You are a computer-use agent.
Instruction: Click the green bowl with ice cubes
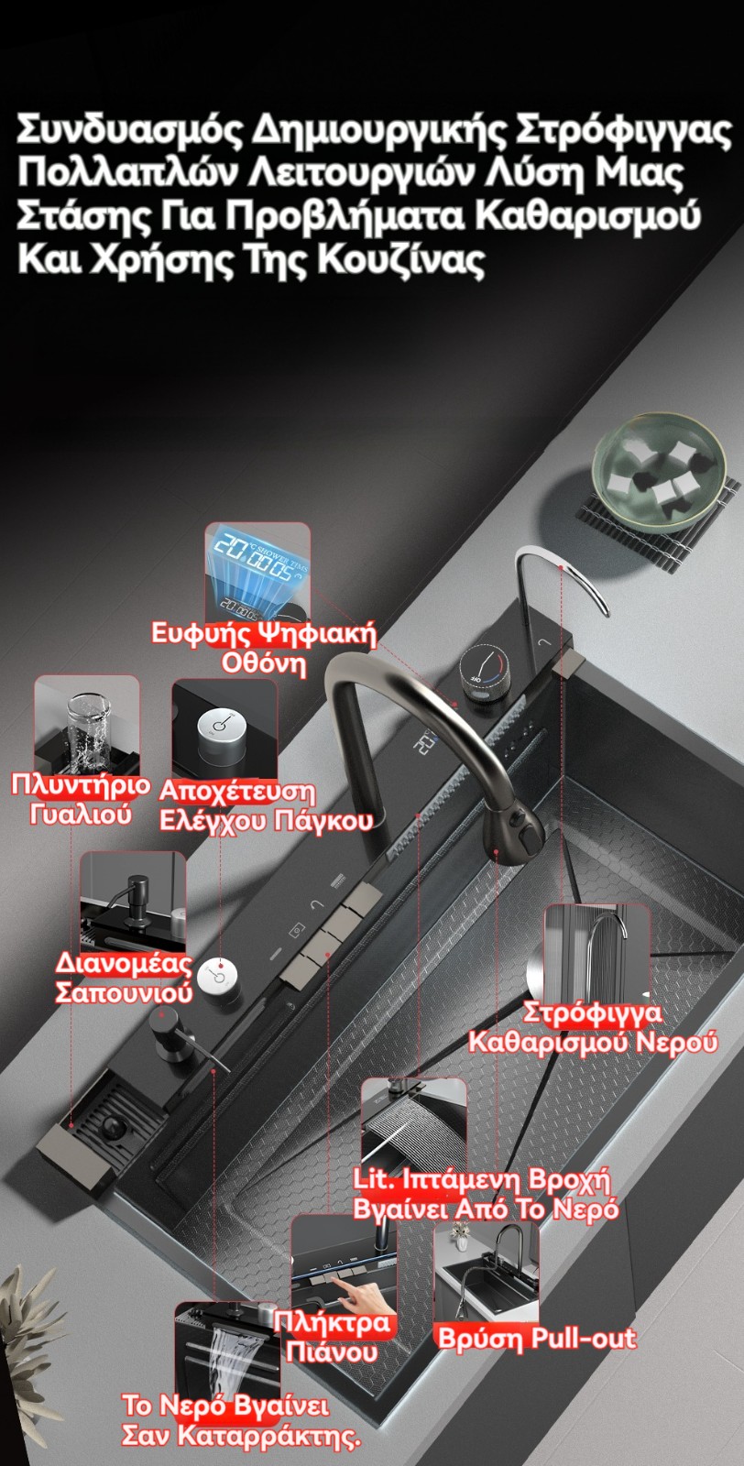(659, 472)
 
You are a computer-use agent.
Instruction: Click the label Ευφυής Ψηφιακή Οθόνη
(264, 648)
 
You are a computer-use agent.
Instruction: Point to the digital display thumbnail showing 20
(257, 571)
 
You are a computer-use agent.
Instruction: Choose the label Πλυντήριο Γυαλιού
(81, 799)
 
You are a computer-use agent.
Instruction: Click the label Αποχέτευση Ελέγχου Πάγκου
(266, 805)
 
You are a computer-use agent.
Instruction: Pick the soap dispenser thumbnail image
(133, 901)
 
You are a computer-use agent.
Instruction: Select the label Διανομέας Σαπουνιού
(124, 978)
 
